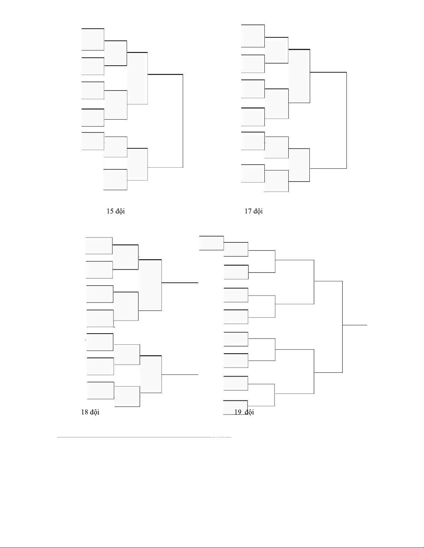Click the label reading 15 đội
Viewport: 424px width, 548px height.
tap(116, 211)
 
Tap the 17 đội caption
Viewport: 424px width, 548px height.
tap(254, 211)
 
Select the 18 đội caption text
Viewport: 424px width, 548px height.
tap(90, 412)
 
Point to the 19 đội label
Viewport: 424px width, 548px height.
tap(244, 412)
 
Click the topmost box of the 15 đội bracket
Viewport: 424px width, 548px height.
tap(93, 39)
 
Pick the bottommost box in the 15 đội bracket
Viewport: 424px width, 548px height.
tap(115, 179)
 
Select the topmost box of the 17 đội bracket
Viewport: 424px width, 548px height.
tap(253, 36)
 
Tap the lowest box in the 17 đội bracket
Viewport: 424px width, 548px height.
tap(276, 181)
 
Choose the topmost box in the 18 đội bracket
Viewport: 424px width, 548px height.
tap(99, 245)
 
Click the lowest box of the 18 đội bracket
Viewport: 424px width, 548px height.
tap(127, 397)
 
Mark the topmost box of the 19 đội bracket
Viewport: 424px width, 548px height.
tap(211, 243)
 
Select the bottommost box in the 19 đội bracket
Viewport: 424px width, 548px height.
tap(235, 407)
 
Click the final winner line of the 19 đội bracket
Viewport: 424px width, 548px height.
tap(355, 325)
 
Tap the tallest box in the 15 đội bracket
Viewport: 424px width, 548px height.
tap(137, 78)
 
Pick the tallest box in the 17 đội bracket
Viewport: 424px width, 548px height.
tap(299, 76)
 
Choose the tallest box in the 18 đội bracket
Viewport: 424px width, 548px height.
tap(150, 285)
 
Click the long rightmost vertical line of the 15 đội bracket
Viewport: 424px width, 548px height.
tap(183, 121)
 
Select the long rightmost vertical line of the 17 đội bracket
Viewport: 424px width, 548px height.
tap(346, 120)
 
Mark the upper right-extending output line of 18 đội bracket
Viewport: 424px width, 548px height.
tap(180, 283)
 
